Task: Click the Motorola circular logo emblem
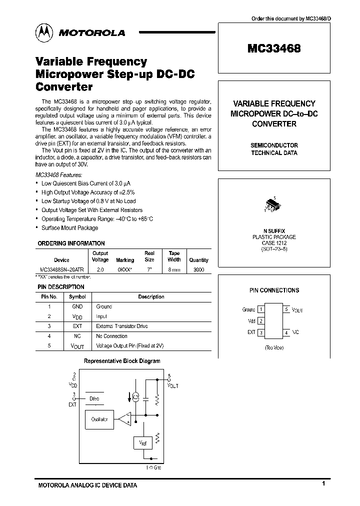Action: point(45,32)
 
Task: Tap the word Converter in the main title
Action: point(64,86)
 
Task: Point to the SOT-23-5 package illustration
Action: point(272,205)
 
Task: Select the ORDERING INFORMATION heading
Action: point(71,243)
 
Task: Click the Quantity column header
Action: point(198,260)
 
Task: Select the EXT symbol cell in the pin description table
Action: point(77,326)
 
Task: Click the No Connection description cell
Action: point(111,336)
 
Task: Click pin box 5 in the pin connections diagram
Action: point(286,309)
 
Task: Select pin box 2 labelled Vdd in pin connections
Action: point(260,321)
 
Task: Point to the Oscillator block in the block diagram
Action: point(99,419)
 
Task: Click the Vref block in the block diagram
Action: point(140,442)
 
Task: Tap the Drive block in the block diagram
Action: point(94,398)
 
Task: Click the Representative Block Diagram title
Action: point(121,360)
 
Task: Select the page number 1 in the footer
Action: point(324,483)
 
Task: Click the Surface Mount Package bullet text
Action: point(69,228)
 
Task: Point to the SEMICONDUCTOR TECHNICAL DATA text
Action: point(274,149)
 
